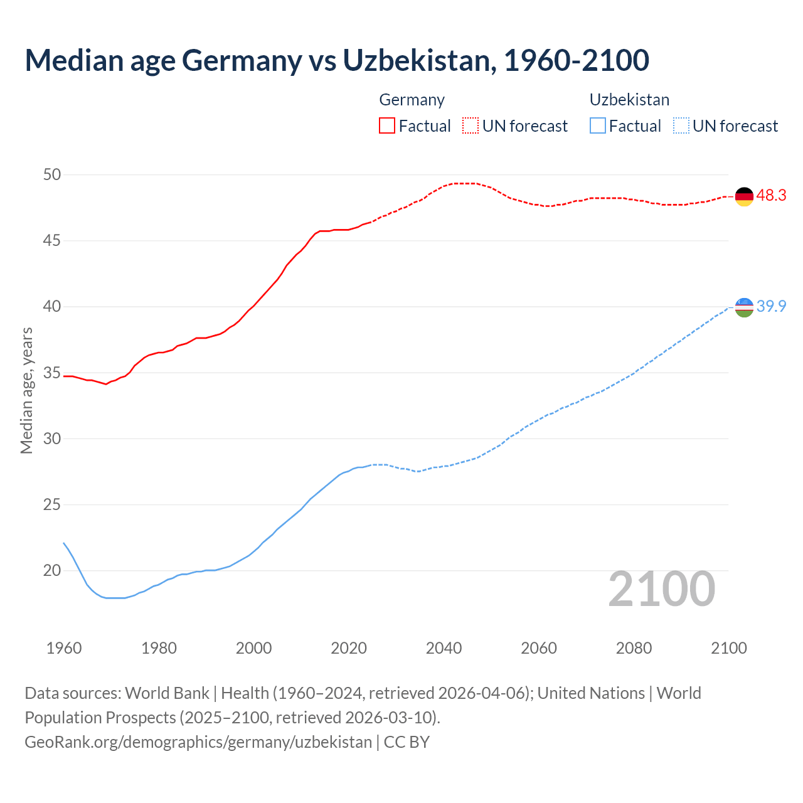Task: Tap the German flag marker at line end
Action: (743, 196)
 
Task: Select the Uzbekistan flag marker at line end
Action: (743, 307)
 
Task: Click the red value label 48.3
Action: (771, 196)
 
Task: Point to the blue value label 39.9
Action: (771, 307)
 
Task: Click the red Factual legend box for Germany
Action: (387, 126)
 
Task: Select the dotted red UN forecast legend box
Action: (471, 126)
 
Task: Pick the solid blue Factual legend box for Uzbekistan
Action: (598, 126)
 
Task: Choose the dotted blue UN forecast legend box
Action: (681, 126)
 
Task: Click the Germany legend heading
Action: (412, 100)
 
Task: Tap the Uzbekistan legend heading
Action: (629, 100)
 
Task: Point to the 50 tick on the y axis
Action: (52, 174)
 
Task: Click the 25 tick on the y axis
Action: (52, 504)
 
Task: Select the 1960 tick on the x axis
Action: (64, 648)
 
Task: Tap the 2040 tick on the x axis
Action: (444, 648)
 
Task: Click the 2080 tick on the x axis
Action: (634, 648)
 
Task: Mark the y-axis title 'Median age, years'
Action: (26, 390)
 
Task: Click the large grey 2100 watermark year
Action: (661, 588)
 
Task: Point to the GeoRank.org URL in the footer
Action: (198, 742)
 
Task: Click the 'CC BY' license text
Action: (407, 742)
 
